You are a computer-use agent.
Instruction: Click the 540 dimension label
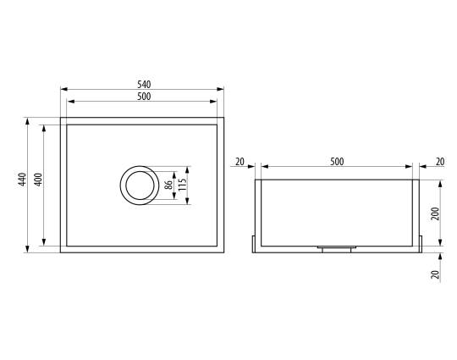pyautogui.click(x=144, y=85)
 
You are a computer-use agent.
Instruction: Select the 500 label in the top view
pyautogui.click(x=144, y=97)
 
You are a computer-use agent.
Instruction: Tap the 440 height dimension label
pyautogui.click(x=22, y=180)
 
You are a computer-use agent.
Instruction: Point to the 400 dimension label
pyautogui.click(x=38, y=180)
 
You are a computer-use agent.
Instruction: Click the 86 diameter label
pyautogui.click(x=168, y=185)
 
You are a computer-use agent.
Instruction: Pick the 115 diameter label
pyautogui.click(x=182, y=185)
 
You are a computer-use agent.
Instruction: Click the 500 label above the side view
pyautogui.click(x=337, y=161)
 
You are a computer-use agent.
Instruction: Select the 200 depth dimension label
pyautogui.click(x=435, y=213)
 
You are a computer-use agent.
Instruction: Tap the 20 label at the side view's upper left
pyautogui.click(x=240, y=161)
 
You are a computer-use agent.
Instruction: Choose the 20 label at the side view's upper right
pyautogui.click(x=440, y=161)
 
